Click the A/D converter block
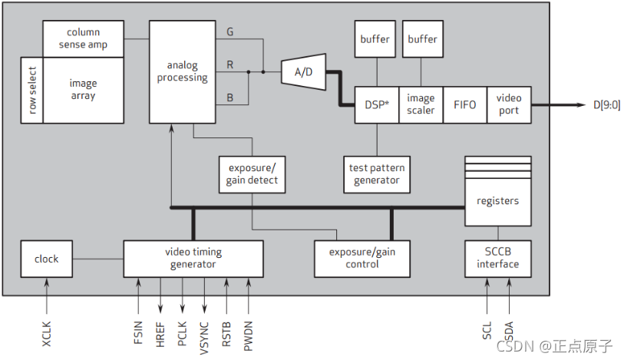[304, 71]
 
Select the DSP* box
[376, 104]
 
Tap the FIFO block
[464, 104]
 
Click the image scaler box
[421, 104]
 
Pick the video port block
[508, 104]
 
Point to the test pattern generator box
[376, 174]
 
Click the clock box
[46, 259]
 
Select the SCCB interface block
[497, 259]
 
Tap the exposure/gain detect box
[252, 174]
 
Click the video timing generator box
[193, 259]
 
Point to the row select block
[32, 91]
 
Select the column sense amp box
[83, 39]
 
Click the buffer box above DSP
[375, 39]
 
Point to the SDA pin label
[509, 331]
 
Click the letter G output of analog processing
[230, 32]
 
